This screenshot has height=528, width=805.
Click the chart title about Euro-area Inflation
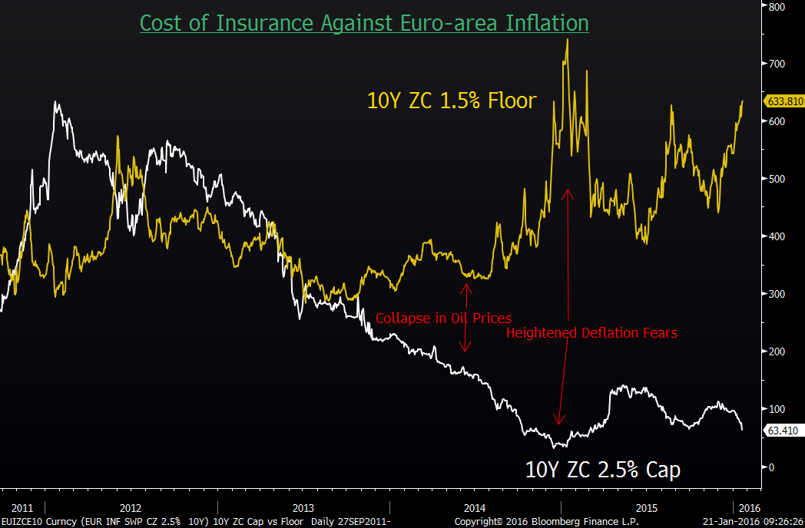pos(364,24)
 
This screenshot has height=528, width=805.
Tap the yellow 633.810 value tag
pos(784,101)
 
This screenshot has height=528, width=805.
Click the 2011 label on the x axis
pos(22,508)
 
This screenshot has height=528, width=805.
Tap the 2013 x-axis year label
pos(303,508)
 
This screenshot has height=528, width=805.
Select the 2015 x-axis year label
pos(647,508)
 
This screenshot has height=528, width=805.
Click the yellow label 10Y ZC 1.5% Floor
pos(451,101)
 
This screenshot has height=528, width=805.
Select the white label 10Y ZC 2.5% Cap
pos(602,469)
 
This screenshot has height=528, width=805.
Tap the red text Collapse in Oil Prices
pos(443,318)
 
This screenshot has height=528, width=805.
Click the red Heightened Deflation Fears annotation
pos(591,333)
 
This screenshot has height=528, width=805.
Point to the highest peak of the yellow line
pos(567,39)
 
